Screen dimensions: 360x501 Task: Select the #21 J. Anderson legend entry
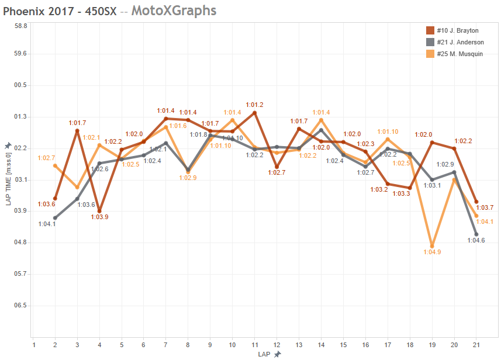(455, 42)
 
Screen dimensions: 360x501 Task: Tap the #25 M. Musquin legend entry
(455, 54)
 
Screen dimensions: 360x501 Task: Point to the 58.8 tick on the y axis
(21, 26)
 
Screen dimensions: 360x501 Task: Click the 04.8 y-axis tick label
(21, 242)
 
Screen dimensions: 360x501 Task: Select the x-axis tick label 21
(476, 345)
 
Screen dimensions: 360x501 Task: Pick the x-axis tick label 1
(34, 345)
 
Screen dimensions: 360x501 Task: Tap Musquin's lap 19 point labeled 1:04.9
(432, 246)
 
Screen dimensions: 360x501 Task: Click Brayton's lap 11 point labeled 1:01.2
(255, 112)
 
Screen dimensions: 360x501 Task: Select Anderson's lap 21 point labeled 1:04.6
(476, 234)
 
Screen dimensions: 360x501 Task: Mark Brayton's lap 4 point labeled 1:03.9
(99, 211)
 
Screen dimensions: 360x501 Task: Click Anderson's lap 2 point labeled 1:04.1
(55, 218)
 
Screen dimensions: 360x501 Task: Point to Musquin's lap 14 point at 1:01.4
(322, 120)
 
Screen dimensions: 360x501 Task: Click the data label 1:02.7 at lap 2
(46, 158)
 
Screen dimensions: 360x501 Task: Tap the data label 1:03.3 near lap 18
(401, 194)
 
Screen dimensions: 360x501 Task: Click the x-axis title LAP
(264, 354)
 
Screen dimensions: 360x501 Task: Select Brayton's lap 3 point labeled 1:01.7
(77, 131)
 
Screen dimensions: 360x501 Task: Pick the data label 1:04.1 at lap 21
(485, 222)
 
